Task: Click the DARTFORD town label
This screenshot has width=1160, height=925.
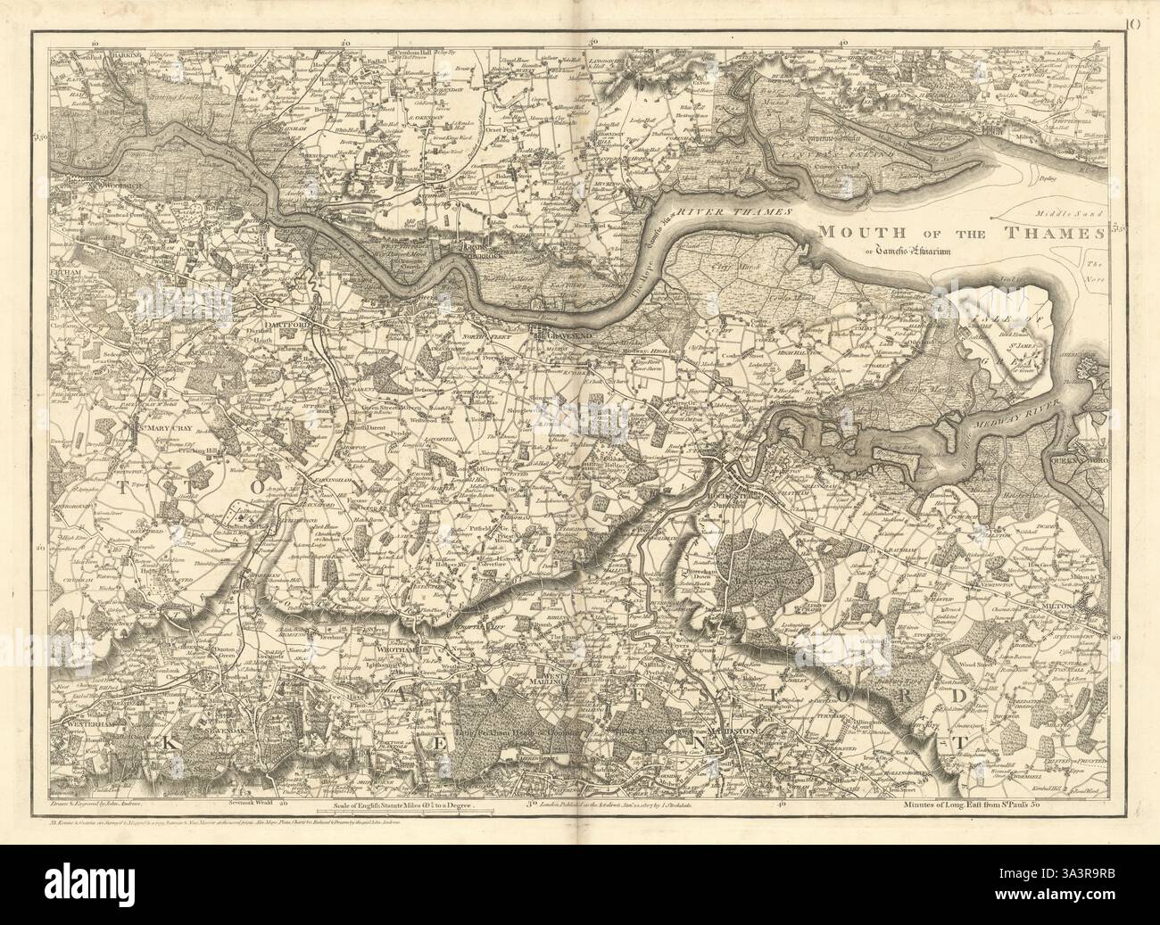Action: (283, 326)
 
